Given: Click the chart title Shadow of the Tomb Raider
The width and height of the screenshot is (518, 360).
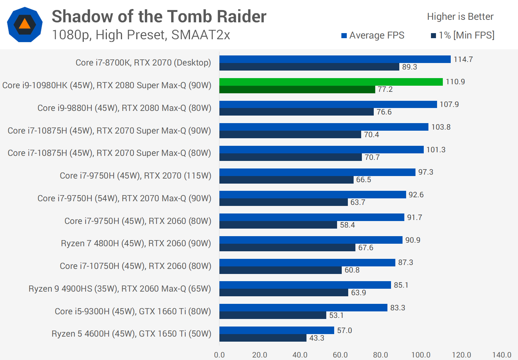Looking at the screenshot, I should click(159, 17).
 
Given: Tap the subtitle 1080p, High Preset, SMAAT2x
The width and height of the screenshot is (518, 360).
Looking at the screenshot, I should click(141, 35).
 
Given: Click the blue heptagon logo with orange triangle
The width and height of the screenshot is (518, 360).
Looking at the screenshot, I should click(25, 24).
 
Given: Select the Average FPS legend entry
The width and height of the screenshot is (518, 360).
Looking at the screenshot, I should click(373, 35).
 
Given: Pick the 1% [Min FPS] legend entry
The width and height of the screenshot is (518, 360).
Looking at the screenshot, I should click(463, 35).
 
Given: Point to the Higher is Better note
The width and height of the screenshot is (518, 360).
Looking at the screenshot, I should click(460, 17).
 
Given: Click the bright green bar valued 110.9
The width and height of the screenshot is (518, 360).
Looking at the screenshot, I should click(331, 82).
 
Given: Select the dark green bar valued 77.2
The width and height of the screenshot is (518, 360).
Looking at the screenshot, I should click(297, 89).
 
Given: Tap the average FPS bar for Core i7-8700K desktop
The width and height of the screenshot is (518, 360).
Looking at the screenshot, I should click(335, 59).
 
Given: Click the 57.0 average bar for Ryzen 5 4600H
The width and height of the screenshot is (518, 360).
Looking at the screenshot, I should click(277, 330).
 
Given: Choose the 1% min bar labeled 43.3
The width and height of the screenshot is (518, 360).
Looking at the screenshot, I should click(263, 338).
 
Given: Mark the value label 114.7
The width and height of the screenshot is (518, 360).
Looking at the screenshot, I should click(463, 59).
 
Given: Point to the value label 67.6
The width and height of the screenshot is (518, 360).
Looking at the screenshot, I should click(365, 248).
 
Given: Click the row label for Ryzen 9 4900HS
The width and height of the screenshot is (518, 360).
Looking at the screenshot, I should click(120, 289).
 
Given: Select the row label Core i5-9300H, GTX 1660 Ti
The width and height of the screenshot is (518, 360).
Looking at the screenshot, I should click(133, 311).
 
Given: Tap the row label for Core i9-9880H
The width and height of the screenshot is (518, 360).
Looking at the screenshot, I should click(124, 108).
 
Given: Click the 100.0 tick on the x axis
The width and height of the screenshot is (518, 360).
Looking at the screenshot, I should click(421, 355).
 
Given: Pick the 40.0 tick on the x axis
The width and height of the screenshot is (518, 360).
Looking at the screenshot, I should click(300, 355).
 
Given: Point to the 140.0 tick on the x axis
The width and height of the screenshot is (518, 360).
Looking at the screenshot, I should click(501, 355).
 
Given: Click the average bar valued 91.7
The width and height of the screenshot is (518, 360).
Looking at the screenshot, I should click(312, 217).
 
